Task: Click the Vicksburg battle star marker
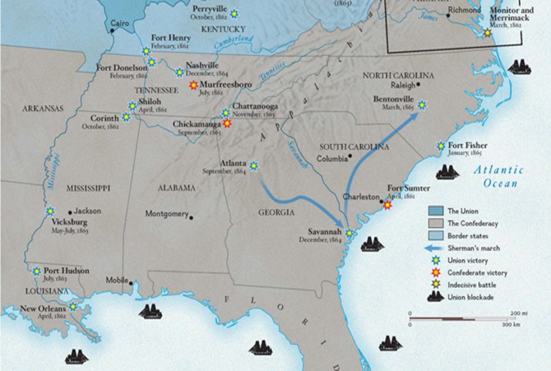coord(50,211)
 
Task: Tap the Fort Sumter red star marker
coord(387,205)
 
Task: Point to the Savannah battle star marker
coord(349,233)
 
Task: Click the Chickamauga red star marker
coord(227,124)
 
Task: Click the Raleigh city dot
coord(418,84)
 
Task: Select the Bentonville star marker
coord(422,105)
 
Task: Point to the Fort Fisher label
coord(468,146)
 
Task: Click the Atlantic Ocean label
coord(498,177)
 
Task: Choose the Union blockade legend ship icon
coord(436,296)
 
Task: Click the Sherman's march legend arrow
coord(436,248)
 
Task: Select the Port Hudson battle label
coord(67,271)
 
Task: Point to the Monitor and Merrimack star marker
coord(488,33)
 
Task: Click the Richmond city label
coord(465,11)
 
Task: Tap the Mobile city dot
coord(131,282)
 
